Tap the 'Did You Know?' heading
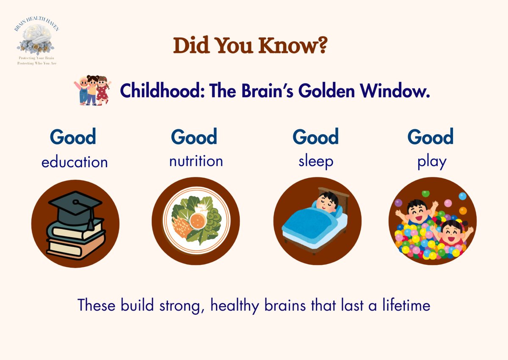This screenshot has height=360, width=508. (x=250, y=46)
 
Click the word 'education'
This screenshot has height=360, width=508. (x=75, y=162)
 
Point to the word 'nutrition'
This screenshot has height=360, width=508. (x=196, y=161)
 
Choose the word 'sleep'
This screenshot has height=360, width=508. (x=315, y=161)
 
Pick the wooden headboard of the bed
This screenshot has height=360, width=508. (x=339, y=194)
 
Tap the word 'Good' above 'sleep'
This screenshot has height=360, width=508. (x=315, y=137)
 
